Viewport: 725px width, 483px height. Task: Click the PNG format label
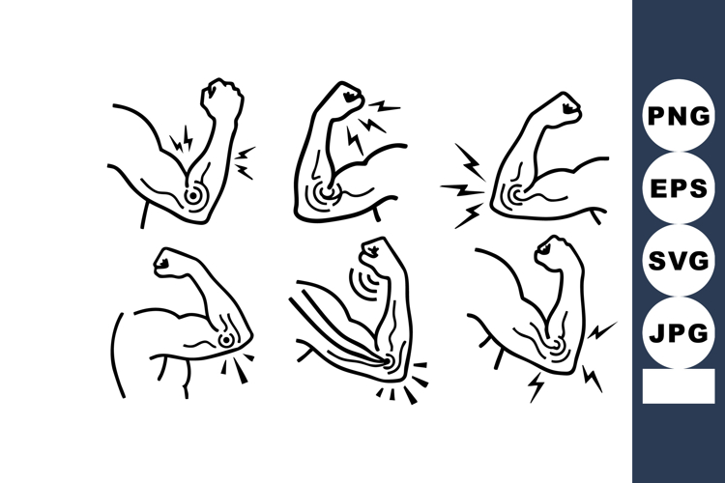point(678,116)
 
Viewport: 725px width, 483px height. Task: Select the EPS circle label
point(678,188)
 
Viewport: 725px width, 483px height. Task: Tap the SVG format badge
point(678,262)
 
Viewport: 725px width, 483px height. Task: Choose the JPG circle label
point(678,334)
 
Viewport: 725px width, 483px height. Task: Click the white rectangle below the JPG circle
point(678,386)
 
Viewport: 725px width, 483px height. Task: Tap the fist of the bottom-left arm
point(172,263)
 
